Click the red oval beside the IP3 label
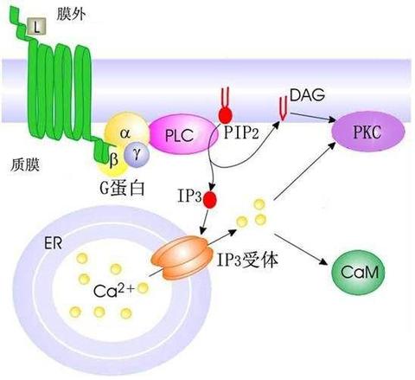(x=210, y=199)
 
